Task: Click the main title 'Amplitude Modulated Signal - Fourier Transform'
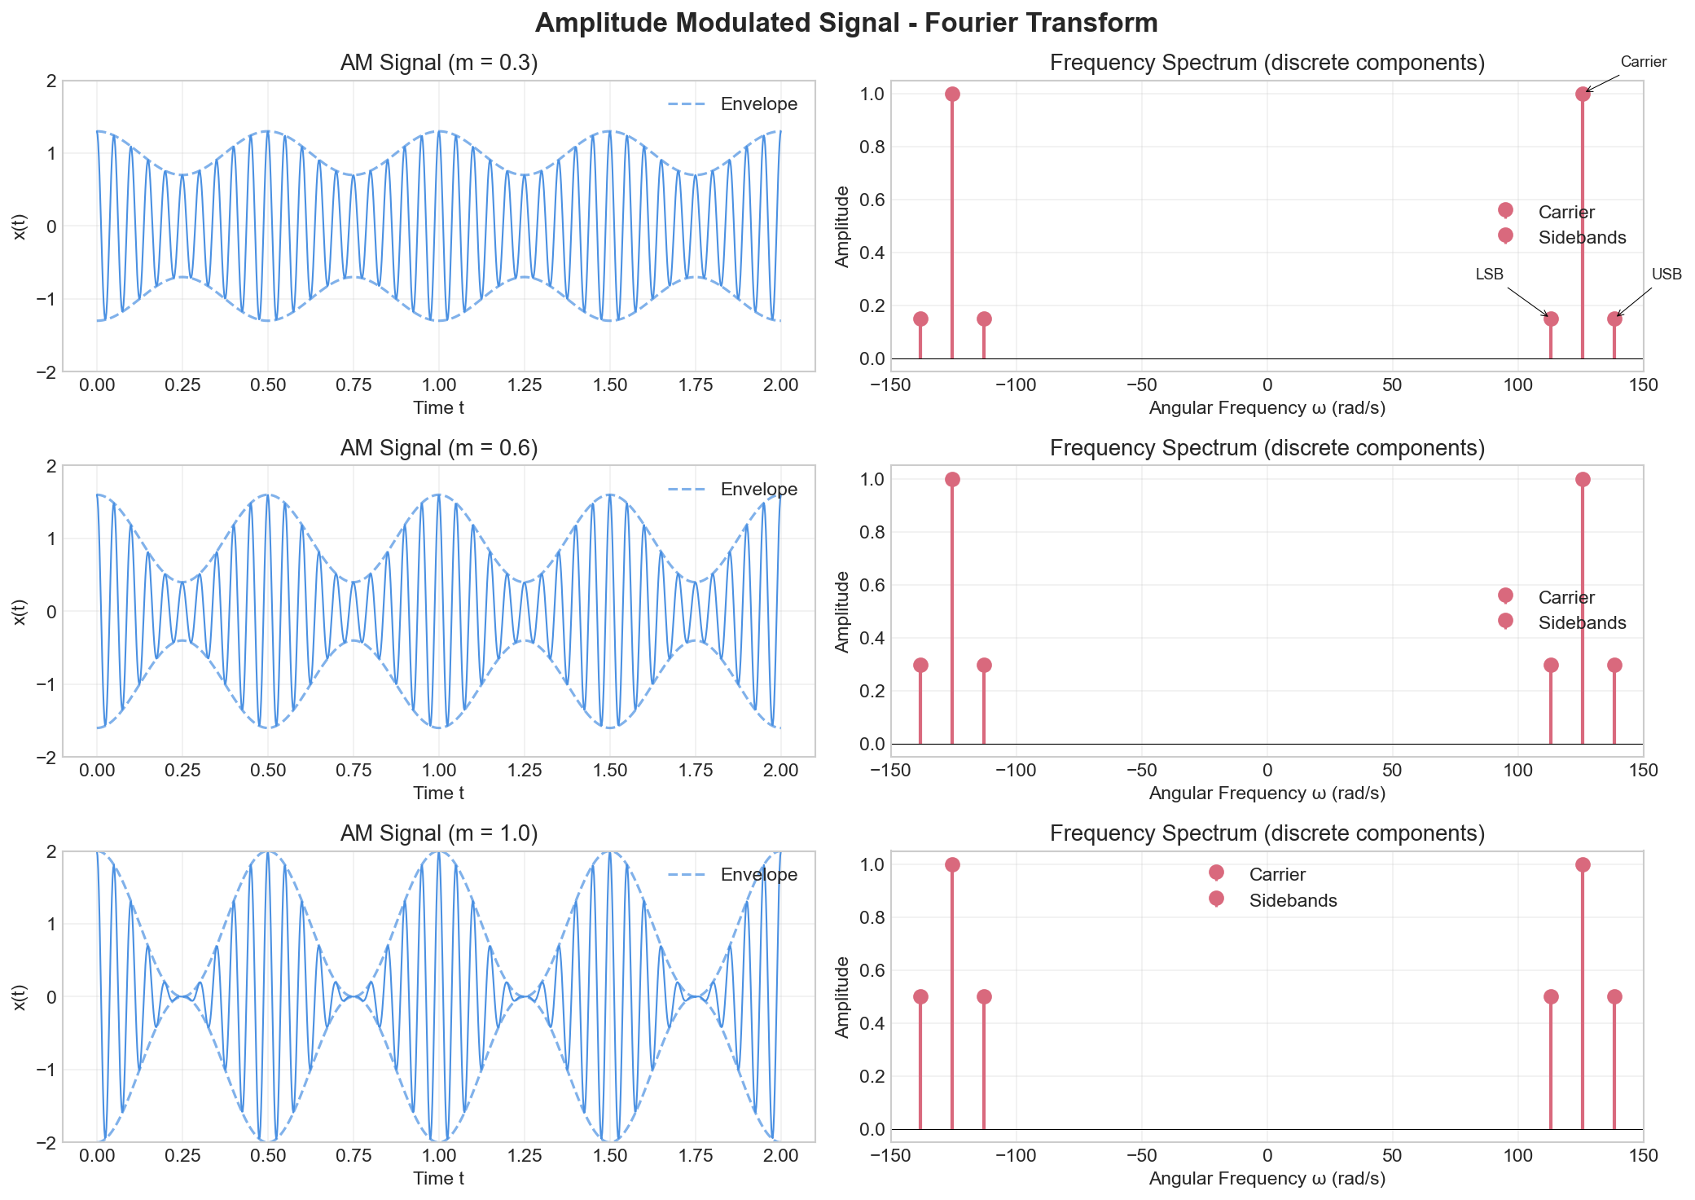pyautogui.click(x=846, y=23)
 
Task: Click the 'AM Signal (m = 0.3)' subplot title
pyautogui.click(x=439, y=63)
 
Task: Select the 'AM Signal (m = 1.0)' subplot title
pyautogui.click(x=439, y=833)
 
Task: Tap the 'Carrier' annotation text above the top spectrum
pyautogui.click(x=1643, y=62)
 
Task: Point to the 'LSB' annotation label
pyautogui.click(x=1489, y=275)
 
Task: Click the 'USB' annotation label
pyautogui.click(x=1666, y=275)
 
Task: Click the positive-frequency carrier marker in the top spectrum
pyautogui.click(x=1583, y=94)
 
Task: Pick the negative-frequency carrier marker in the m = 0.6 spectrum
pyautogui.click(x=952, y=479)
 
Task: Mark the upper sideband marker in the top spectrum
pyautogui.click(x=1614, y=319)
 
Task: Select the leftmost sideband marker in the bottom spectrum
pyautogui.click(x=920, y=996)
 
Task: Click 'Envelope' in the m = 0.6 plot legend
pyautogui.click(x=758, y=490)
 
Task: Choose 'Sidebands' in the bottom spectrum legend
pyautogui.click(x=1293, y=900)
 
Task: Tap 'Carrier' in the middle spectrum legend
pyautogui.click(x=1566, y=597)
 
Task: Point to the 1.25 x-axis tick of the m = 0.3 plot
pyautogui.click(x=525, y=385)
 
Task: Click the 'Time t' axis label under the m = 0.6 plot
pyautogui.click(x=439, y=793)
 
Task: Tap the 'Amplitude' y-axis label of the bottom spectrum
pyautogui.click(x=843, y=996)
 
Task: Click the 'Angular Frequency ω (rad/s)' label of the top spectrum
pyautogui.click(x=1267, y=407)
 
